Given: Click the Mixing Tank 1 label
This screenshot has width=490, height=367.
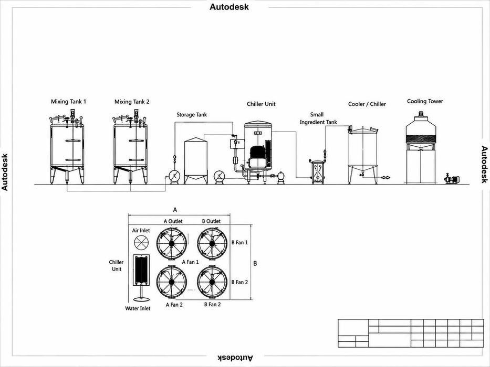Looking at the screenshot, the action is point(68,101).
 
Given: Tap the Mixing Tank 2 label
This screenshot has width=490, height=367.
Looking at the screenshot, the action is point(132,101).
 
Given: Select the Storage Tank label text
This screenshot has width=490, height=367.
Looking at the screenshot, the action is point(192,114).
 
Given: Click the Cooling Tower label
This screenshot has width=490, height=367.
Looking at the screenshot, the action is point(425,101).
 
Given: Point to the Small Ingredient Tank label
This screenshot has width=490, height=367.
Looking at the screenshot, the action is point(318,118).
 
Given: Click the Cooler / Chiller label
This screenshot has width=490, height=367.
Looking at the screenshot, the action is point(367,104).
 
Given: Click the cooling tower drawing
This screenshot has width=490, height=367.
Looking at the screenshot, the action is point(421,148).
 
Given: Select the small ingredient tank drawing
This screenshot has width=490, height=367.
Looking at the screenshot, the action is point(318,171).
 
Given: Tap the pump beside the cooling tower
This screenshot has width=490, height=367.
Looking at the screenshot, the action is point(452,179).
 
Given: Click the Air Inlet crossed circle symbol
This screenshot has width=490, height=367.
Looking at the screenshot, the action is point(141,242).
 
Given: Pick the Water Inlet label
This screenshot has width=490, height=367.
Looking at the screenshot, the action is point(138,308).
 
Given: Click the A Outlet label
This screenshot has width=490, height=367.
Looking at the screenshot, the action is point(173,221).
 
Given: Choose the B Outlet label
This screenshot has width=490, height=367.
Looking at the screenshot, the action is point(211,221).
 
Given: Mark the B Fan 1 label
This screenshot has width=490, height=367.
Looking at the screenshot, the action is point(239,242).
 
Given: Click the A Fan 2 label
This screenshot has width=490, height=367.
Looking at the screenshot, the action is point(174,305).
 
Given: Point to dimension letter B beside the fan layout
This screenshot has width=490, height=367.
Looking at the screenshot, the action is point(255,263).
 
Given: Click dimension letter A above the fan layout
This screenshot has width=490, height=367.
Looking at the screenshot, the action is point(175,209).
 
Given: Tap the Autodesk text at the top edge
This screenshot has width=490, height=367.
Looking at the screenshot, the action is point(229,7).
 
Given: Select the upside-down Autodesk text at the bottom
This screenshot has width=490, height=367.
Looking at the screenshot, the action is point(236,358).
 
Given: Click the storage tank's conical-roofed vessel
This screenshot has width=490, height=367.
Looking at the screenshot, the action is point(195,160).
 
